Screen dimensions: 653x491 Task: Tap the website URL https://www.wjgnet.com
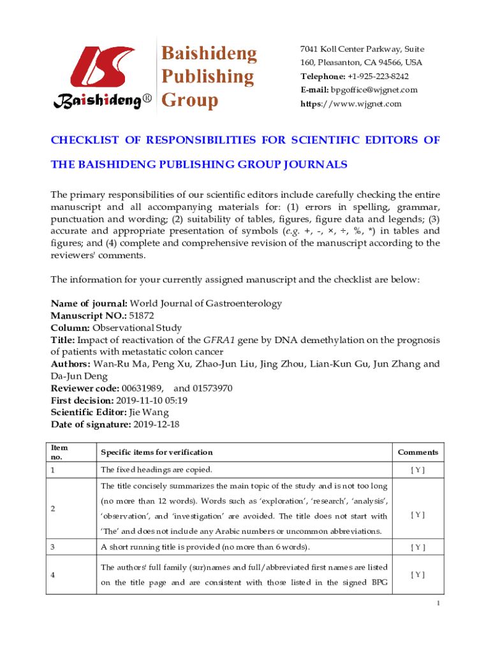coord(351,103)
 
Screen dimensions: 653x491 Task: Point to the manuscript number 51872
coord(142,315)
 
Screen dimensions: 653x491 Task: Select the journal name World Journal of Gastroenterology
coord(206,304)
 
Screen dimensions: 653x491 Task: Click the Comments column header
coord(418,452)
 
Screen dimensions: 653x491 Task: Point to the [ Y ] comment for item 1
coord(418,470)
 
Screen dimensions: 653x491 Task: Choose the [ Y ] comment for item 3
coord(418,547)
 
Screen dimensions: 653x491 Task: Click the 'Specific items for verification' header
coord(157,452)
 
